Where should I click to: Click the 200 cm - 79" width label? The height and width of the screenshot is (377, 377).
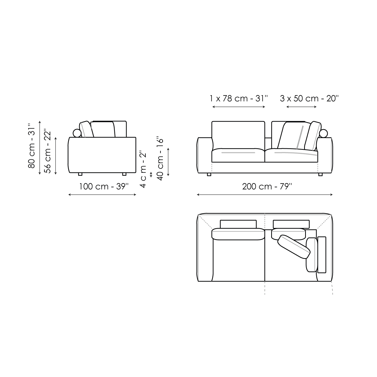267,186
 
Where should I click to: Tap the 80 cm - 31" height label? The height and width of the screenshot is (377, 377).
32,146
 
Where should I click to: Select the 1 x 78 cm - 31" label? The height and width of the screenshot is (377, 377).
239,98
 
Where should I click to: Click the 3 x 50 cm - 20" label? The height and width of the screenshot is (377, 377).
309,98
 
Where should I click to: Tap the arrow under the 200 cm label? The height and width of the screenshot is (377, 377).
265,195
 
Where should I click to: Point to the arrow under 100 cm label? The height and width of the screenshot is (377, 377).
102,195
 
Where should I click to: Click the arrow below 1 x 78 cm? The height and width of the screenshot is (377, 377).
239,107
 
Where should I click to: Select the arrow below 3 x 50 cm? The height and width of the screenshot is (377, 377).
301,107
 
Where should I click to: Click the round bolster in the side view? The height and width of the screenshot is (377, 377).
77,133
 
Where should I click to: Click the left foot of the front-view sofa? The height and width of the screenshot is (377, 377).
209,174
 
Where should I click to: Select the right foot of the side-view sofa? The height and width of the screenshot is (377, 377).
124,174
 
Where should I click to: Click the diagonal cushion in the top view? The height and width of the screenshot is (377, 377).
294,247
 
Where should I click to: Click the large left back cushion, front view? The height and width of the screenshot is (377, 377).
238,135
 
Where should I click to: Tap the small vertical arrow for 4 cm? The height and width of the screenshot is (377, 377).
151,175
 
